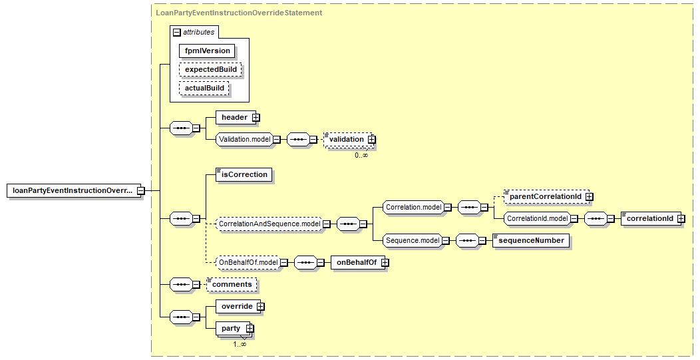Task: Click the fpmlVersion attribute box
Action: [207, 51]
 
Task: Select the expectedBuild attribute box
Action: [210, 69]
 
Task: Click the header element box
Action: [234, 118]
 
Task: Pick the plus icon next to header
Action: [256, 118]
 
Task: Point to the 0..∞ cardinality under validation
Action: [361, 155]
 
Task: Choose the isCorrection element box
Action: [244, 175]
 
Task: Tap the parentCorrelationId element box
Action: [544, 197]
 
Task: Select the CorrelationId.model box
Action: [536, 218]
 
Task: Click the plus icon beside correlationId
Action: [681, 218]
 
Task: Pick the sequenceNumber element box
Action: [532, 240]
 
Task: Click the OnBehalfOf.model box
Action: [248, 263]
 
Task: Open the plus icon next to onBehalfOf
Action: [385, 263]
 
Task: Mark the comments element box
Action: [232, 285]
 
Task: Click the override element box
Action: [236, 306]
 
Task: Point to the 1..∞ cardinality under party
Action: [240, 344]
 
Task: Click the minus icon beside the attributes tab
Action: [176, 32]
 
